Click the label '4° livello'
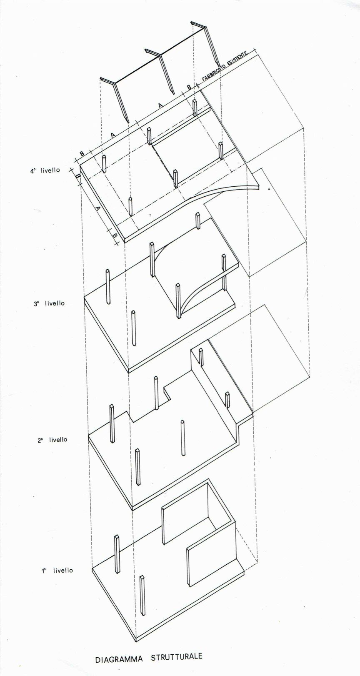[x=45, y=170]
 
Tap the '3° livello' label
[x=49, y=303]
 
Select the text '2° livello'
[x=52, y=440]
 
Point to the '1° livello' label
[x=57, y=571]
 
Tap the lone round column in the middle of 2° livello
[x=183, y=438]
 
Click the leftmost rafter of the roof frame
[x=117, y=98]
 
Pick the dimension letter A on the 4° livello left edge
[x=97, y=208]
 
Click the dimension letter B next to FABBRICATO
[x=189, y=87]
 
